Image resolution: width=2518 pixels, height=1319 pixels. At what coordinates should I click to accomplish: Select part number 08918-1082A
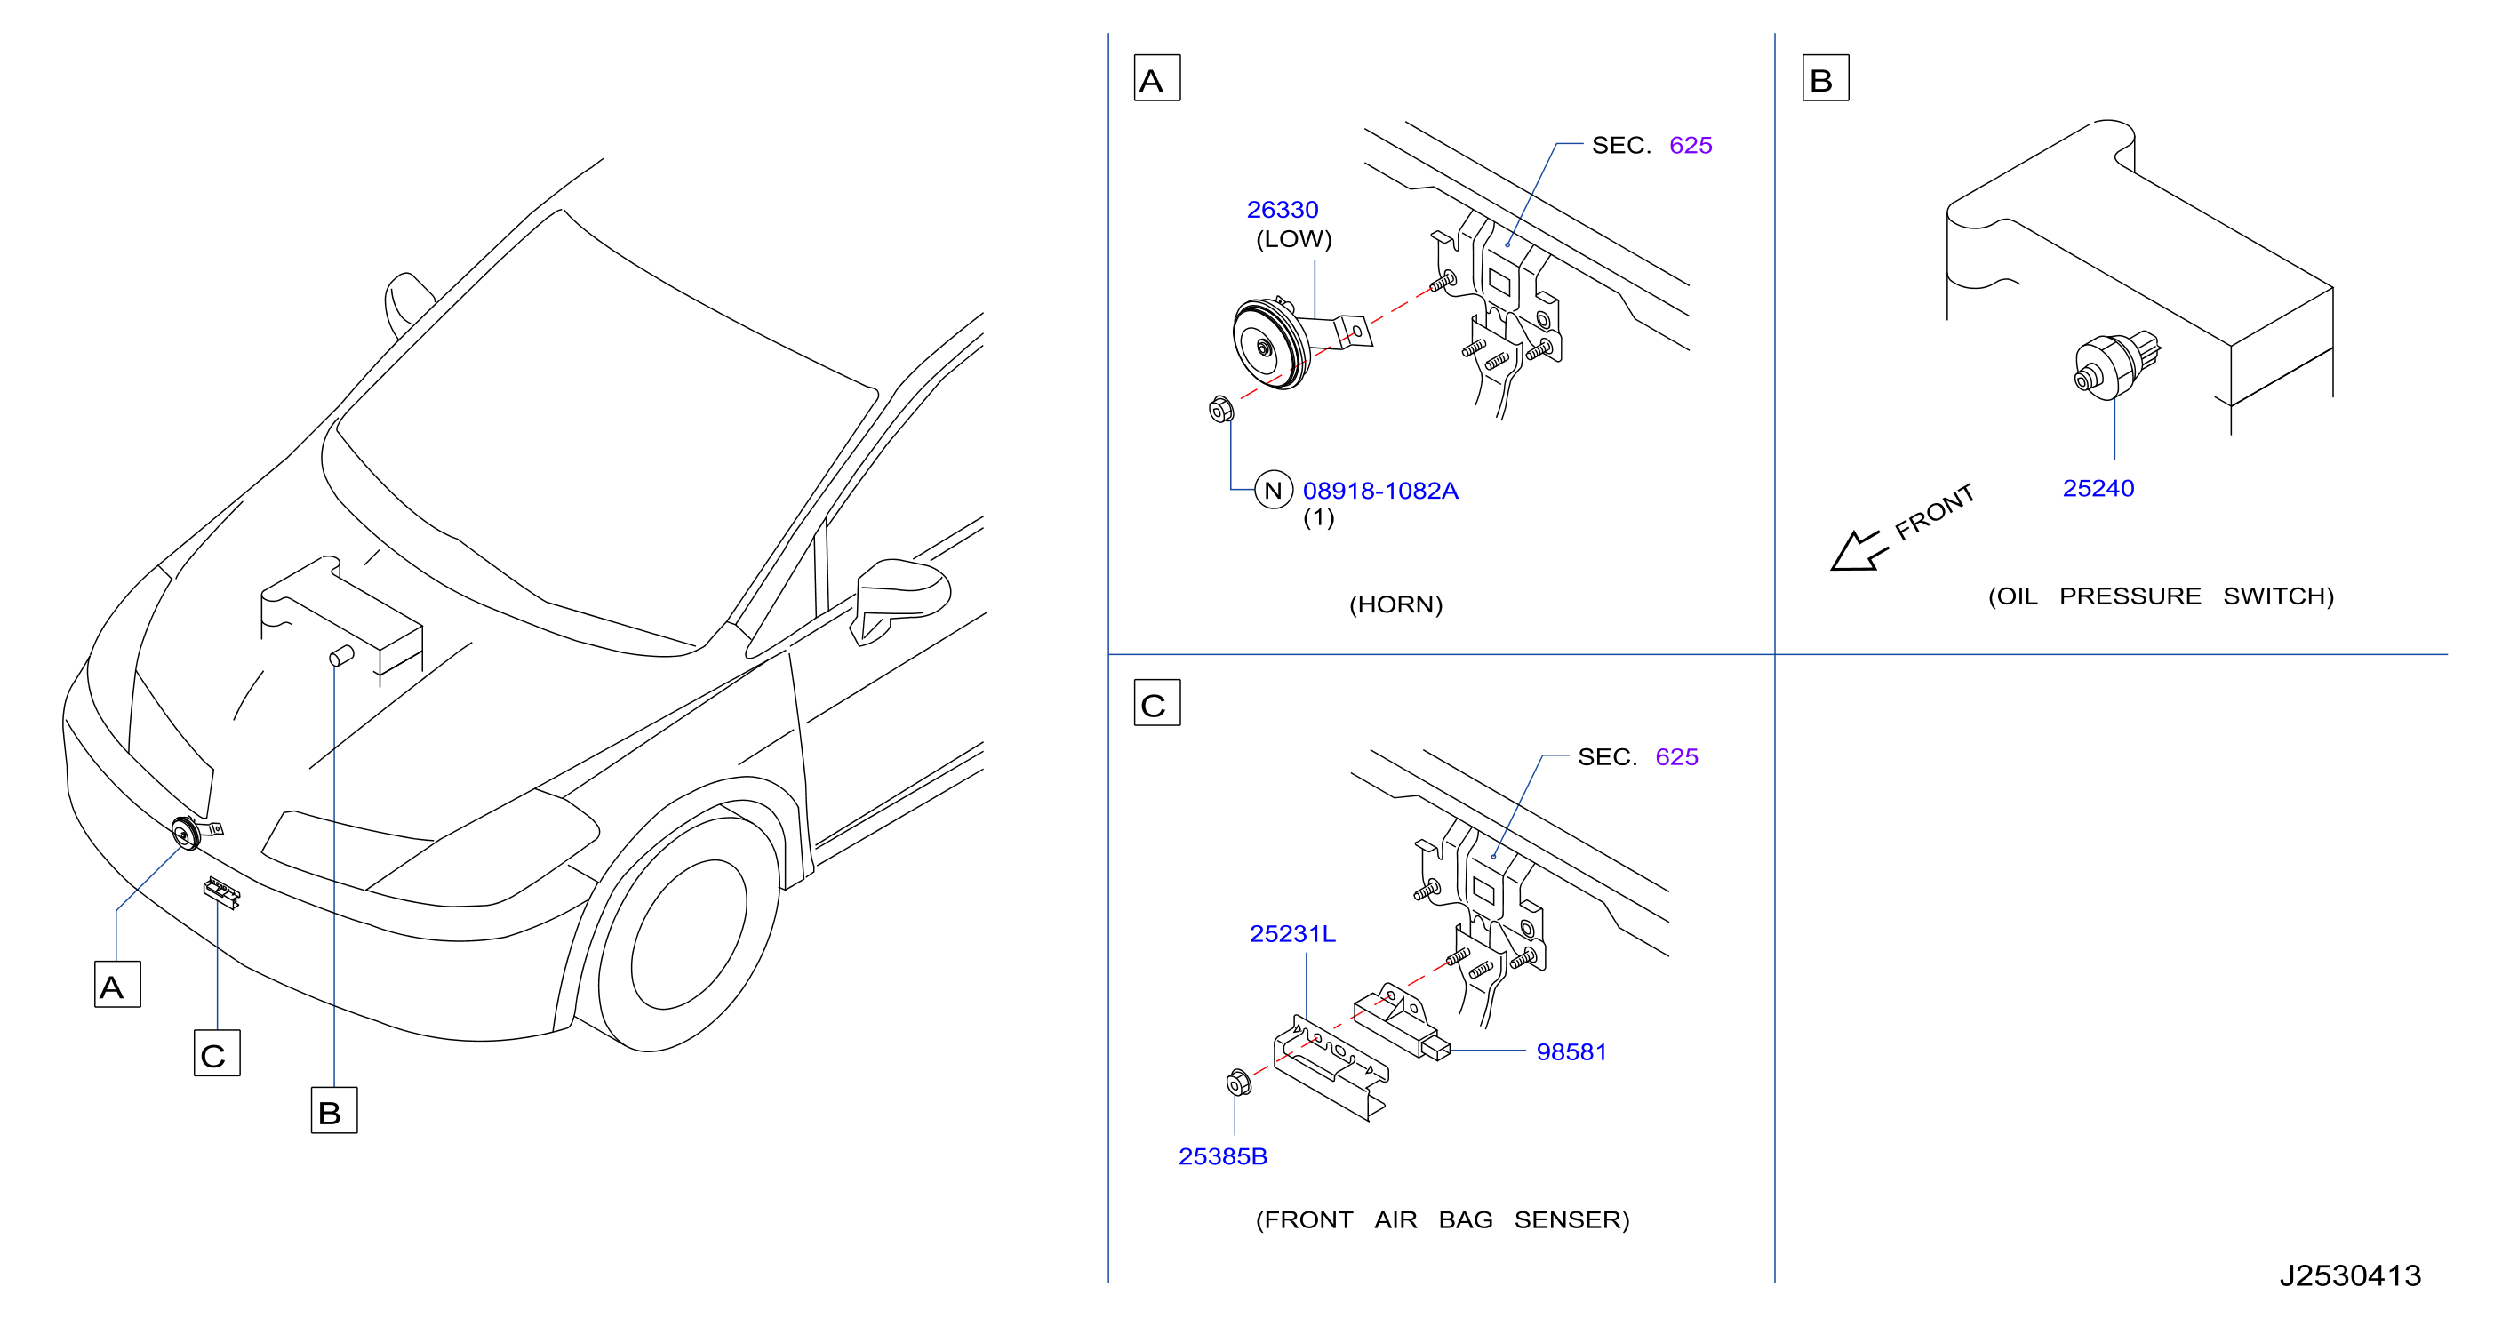[1380, 490]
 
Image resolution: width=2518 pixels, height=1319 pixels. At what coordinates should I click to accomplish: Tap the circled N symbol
[1273, 490]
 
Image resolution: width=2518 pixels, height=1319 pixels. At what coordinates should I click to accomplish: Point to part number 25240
[2098, 488]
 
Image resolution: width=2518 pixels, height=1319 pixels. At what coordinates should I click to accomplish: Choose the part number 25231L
[1292, 934]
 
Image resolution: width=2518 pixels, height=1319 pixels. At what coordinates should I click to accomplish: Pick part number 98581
[1571, 1051]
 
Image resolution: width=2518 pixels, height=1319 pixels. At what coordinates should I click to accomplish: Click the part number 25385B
[1223, 1155]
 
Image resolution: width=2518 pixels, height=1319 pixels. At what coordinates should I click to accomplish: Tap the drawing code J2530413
[2350, 1275]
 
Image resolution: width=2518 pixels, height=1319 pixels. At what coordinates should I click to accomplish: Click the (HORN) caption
[1395, 604]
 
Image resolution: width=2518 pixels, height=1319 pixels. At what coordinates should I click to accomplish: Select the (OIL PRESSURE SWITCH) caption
[2162, 596]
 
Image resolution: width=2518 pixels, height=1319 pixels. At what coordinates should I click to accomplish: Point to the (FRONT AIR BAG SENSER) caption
[1443, 1219]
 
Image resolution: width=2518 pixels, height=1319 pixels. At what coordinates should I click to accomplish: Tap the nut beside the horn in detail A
[1221, 409]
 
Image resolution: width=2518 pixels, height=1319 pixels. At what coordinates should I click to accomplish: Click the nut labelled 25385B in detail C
[1238, 1083]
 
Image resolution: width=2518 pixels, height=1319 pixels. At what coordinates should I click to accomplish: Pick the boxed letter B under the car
[333, 1111]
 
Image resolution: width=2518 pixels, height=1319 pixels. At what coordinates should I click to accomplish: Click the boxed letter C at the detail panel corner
[1156, 703]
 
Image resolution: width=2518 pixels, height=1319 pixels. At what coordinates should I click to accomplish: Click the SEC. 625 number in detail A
[1690, 145]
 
